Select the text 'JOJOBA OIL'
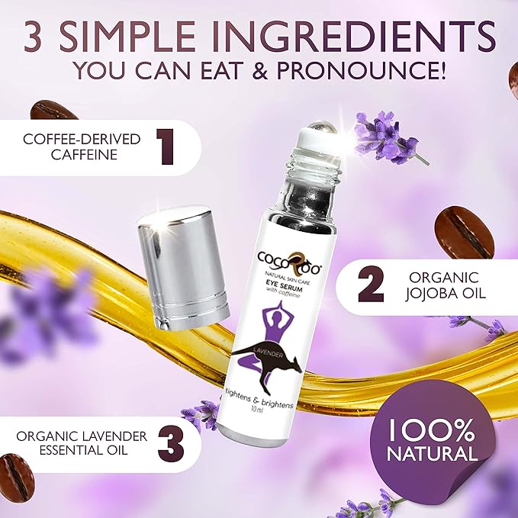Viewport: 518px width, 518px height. point(447,295)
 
